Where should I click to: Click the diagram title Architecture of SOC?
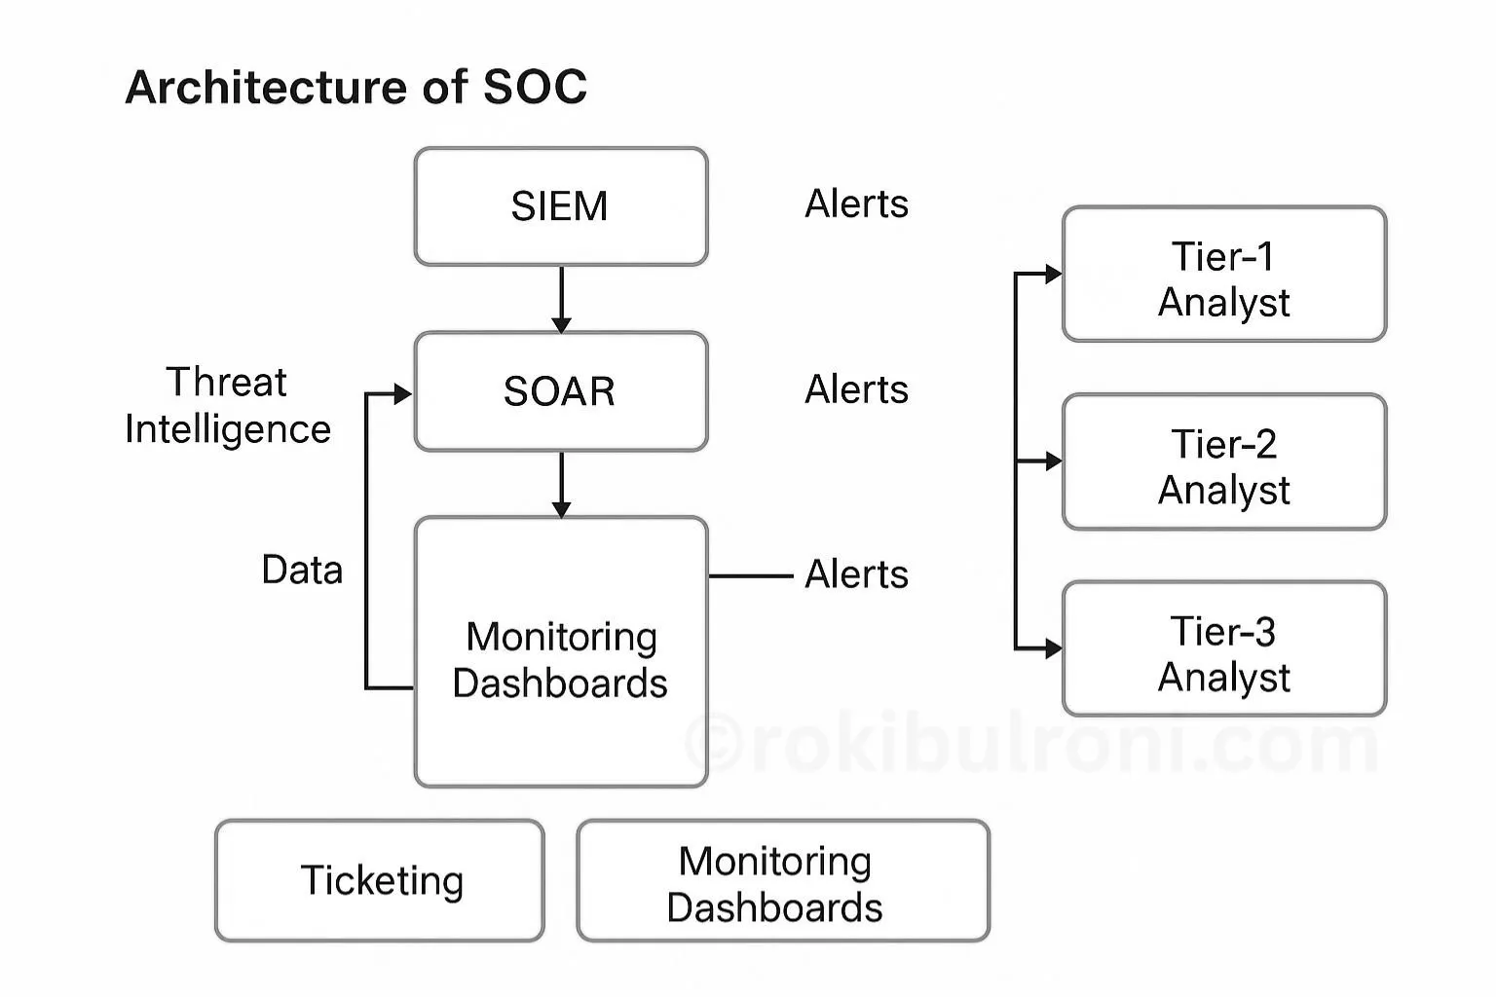(x=355, y=88)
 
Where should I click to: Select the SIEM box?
(x=560, y=206)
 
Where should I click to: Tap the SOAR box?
(x=560, y=391)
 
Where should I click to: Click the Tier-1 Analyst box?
(x=1223, y=275)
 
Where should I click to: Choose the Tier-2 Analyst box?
(x=1223, y=462)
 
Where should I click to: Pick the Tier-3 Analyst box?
(x=1223, y=649)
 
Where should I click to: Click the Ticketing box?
(x=380, y=880)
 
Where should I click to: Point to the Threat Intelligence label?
(x=228, y=405)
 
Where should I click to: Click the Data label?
(x=302, y=570)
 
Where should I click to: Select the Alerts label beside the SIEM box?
(x=856, y=204)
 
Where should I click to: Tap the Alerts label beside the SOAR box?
(x=856, y=389)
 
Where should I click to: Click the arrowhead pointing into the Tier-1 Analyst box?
(x=1053, y=275)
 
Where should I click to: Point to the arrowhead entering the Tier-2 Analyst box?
(x=1053, y=462)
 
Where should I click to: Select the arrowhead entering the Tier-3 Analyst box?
(x=1053, y=648)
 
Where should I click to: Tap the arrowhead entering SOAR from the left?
(x=402, y=394)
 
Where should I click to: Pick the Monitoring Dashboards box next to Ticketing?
(x=783, y=881)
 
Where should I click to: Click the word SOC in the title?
(x=535, y=88)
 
